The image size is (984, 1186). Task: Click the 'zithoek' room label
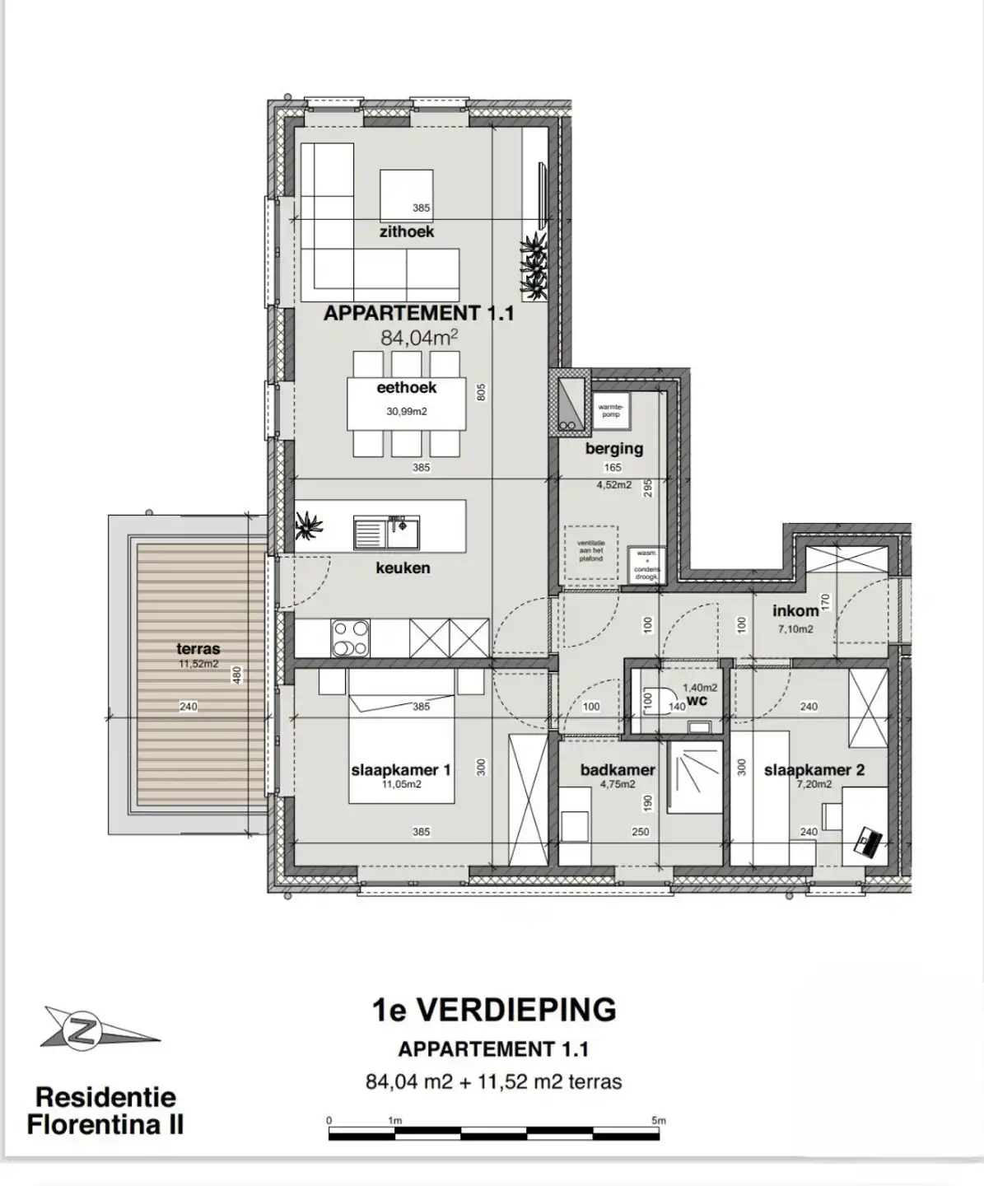click(406, 232)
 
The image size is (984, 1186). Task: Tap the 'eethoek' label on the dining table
click(406, 388)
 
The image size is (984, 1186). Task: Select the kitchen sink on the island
click(386, 533)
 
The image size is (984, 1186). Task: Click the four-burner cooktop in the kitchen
click(350, 638)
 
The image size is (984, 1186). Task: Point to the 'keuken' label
click(403, 567)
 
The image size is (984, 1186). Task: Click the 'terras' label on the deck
click(198, 649)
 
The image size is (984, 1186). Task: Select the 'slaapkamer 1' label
click(401, 770)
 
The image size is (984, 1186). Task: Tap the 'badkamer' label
click(618, 770)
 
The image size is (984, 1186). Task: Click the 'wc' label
click(697, 701)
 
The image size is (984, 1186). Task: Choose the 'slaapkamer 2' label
click(814, 770)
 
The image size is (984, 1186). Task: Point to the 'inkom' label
click(795, 610)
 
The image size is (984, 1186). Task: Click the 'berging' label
click(614, 449)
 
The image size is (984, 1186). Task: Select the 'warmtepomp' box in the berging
click(610, 410)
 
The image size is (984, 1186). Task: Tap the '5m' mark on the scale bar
click(658, 1121)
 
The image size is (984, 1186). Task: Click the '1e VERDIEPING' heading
click(493, 1010)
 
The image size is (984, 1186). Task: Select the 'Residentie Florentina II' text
click(105, 1111)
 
